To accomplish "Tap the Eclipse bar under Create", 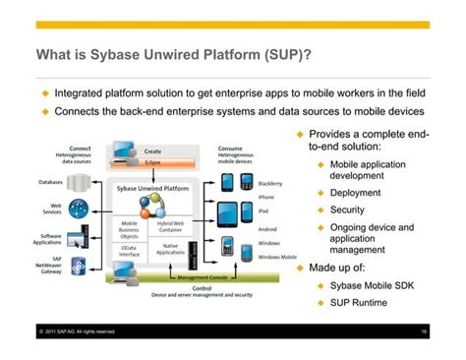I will (x=153, y=162).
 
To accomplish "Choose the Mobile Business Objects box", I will (x=129, y=230).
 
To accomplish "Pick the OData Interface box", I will (x=129, y=252).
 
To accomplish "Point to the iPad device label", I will (x=263, y=211).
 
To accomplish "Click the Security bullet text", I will (x=347, y=210).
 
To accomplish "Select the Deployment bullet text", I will (x=355, y=192).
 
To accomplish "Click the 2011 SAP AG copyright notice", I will (x=79, y=331).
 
